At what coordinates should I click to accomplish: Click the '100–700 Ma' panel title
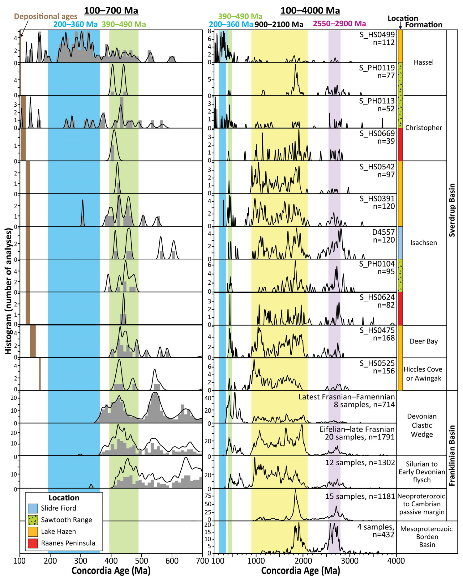[111, 11]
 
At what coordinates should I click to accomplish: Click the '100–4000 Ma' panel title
[310, 11]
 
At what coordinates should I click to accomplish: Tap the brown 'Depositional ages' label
[46, 16]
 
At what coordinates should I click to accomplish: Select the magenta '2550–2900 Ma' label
[339, 24]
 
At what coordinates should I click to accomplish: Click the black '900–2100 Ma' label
[279, 24]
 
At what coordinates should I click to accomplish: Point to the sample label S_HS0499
[377, 35]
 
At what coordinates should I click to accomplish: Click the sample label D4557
[384, 232]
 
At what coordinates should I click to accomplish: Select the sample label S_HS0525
[377, 363]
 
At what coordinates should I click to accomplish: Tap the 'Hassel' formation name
[423, 62]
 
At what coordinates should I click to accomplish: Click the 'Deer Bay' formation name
[423, 341]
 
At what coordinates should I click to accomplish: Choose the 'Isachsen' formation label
[423, 243]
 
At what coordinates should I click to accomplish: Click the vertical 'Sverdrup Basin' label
[452, 210]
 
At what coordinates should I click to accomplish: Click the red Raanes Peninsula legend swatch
[33, 543]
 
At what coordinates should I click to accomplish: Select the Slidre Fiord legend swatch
[33, 508]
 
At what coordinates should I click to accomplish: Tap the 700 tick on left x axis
[203, 561]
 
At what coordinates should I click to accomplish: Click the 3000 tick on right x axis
[349, 561]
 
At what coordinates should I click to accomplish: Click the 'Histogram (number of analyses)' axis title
[8, 291]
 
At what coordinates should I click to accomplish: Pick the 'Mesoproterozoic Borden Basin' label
[427, 537]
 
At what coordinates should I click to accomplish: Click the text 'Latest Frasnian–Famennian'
[346, 397]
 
